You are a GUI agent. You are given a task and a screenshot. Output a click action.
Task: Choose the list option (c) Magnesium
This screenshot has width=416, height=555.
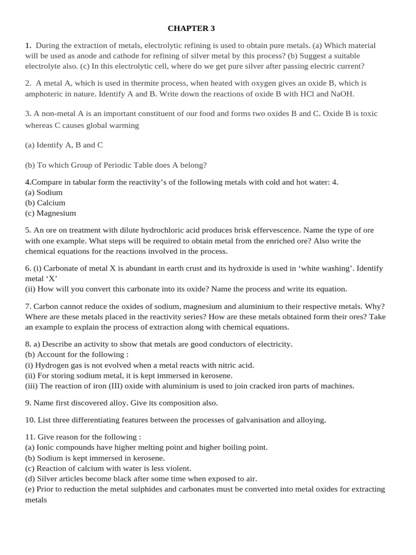click(x=50, y=213)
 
